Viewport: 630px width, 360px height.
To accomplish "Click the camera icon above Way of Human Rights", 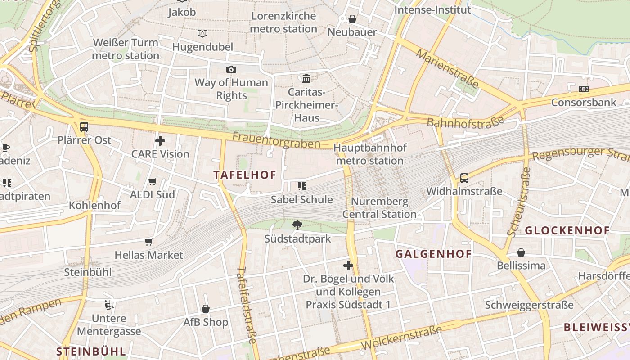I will click(231, 69).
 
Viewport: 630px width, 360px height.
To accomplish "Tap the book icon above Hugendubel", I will click(202, 33).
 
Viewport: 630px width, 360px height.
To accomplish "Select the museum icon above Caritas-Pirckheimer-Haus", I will click(306, 79).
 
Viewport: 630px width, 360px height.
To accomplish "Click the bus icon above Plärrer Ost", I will click(84, 127).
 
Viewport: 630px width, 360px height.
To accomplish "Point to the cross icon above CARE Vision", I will click(160, 141).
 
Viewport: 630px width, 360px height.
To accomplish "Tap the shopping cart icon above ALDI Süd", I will click(153, 182).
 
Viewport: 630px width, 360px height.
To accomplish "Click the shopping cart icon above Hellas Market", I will click(149, 242).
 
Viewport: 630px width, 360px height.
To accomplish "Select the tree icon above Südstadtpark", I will click(297, 225).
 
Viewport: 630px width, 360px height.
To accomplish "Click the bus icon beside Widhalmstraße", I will click(464, 178).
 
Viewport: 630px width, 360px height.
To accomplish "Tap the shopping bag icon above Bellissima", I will click(521, 252).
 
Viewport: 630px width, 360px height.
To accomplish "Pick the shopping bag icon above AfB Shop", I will click(206, 309).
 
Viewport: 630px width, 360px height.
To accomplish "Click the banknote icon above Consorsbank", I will click(584, 89).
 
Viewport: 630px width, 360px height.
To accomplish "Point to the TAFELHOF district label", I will click(245, 175).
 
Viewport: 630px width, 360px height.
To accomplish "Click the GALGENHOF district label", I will click(433, 254).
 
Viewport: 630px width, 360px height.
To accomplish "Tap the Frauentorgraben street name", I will click(276, 140).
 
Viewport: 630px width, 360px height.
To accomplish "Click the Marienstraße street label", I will click(447, 68).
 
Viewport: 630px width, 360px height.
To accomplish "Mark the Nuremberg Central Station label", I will click(379, 208).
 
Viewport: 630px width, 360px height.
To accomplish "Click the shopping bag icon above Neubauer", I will click(352, 19).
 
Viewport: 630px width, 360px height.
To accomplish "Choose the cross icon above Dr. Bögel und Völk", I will click(348, 265).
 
